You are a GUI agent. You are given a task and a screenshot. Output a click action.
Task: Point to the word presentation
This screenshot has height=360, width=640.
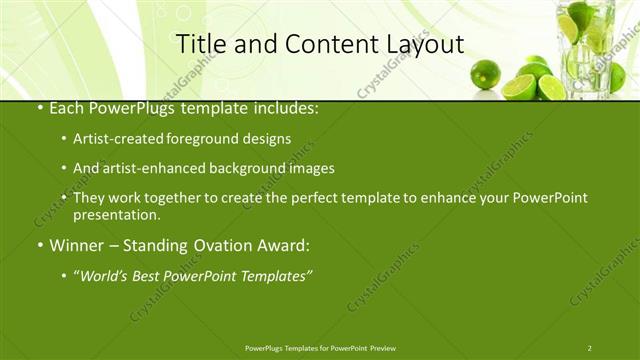pyautogui.click(x=116, y=214)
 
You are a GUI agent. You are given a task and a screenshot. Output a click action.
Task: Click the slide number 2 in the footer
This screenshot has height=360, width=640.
pyautogui.click(x=589, y=348)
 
